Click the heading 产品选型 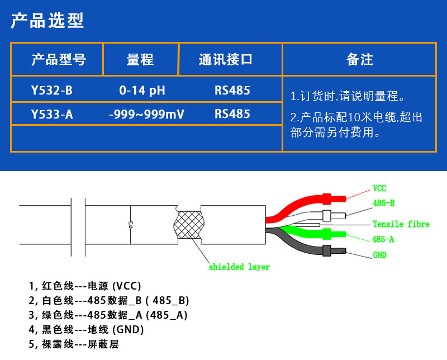(47, 21)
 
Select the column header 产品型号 (59, 60)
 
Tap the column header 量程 (140, 60)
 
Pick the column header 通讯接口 (226, 60)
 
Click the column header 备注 (359, 60)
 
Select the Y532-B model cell (51, 91)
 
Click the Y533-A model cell (52, 115)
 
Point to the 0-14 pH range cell (142, 91)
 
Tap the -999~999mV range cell (146, 115)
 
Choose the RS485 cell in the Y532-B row (232, 91)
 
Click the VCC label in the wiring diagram (379, 188)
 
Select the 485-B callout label (384, 203)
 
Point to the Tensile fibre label (401, 224)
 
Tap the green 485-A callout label (383, 239)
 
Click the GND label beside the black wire (380, 255)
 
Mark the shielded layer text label (239, 267)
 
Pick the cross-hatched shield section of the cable (189, 226)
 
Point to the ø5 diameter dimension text (131, 225)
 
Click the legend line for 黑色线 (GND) (86, 330)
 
